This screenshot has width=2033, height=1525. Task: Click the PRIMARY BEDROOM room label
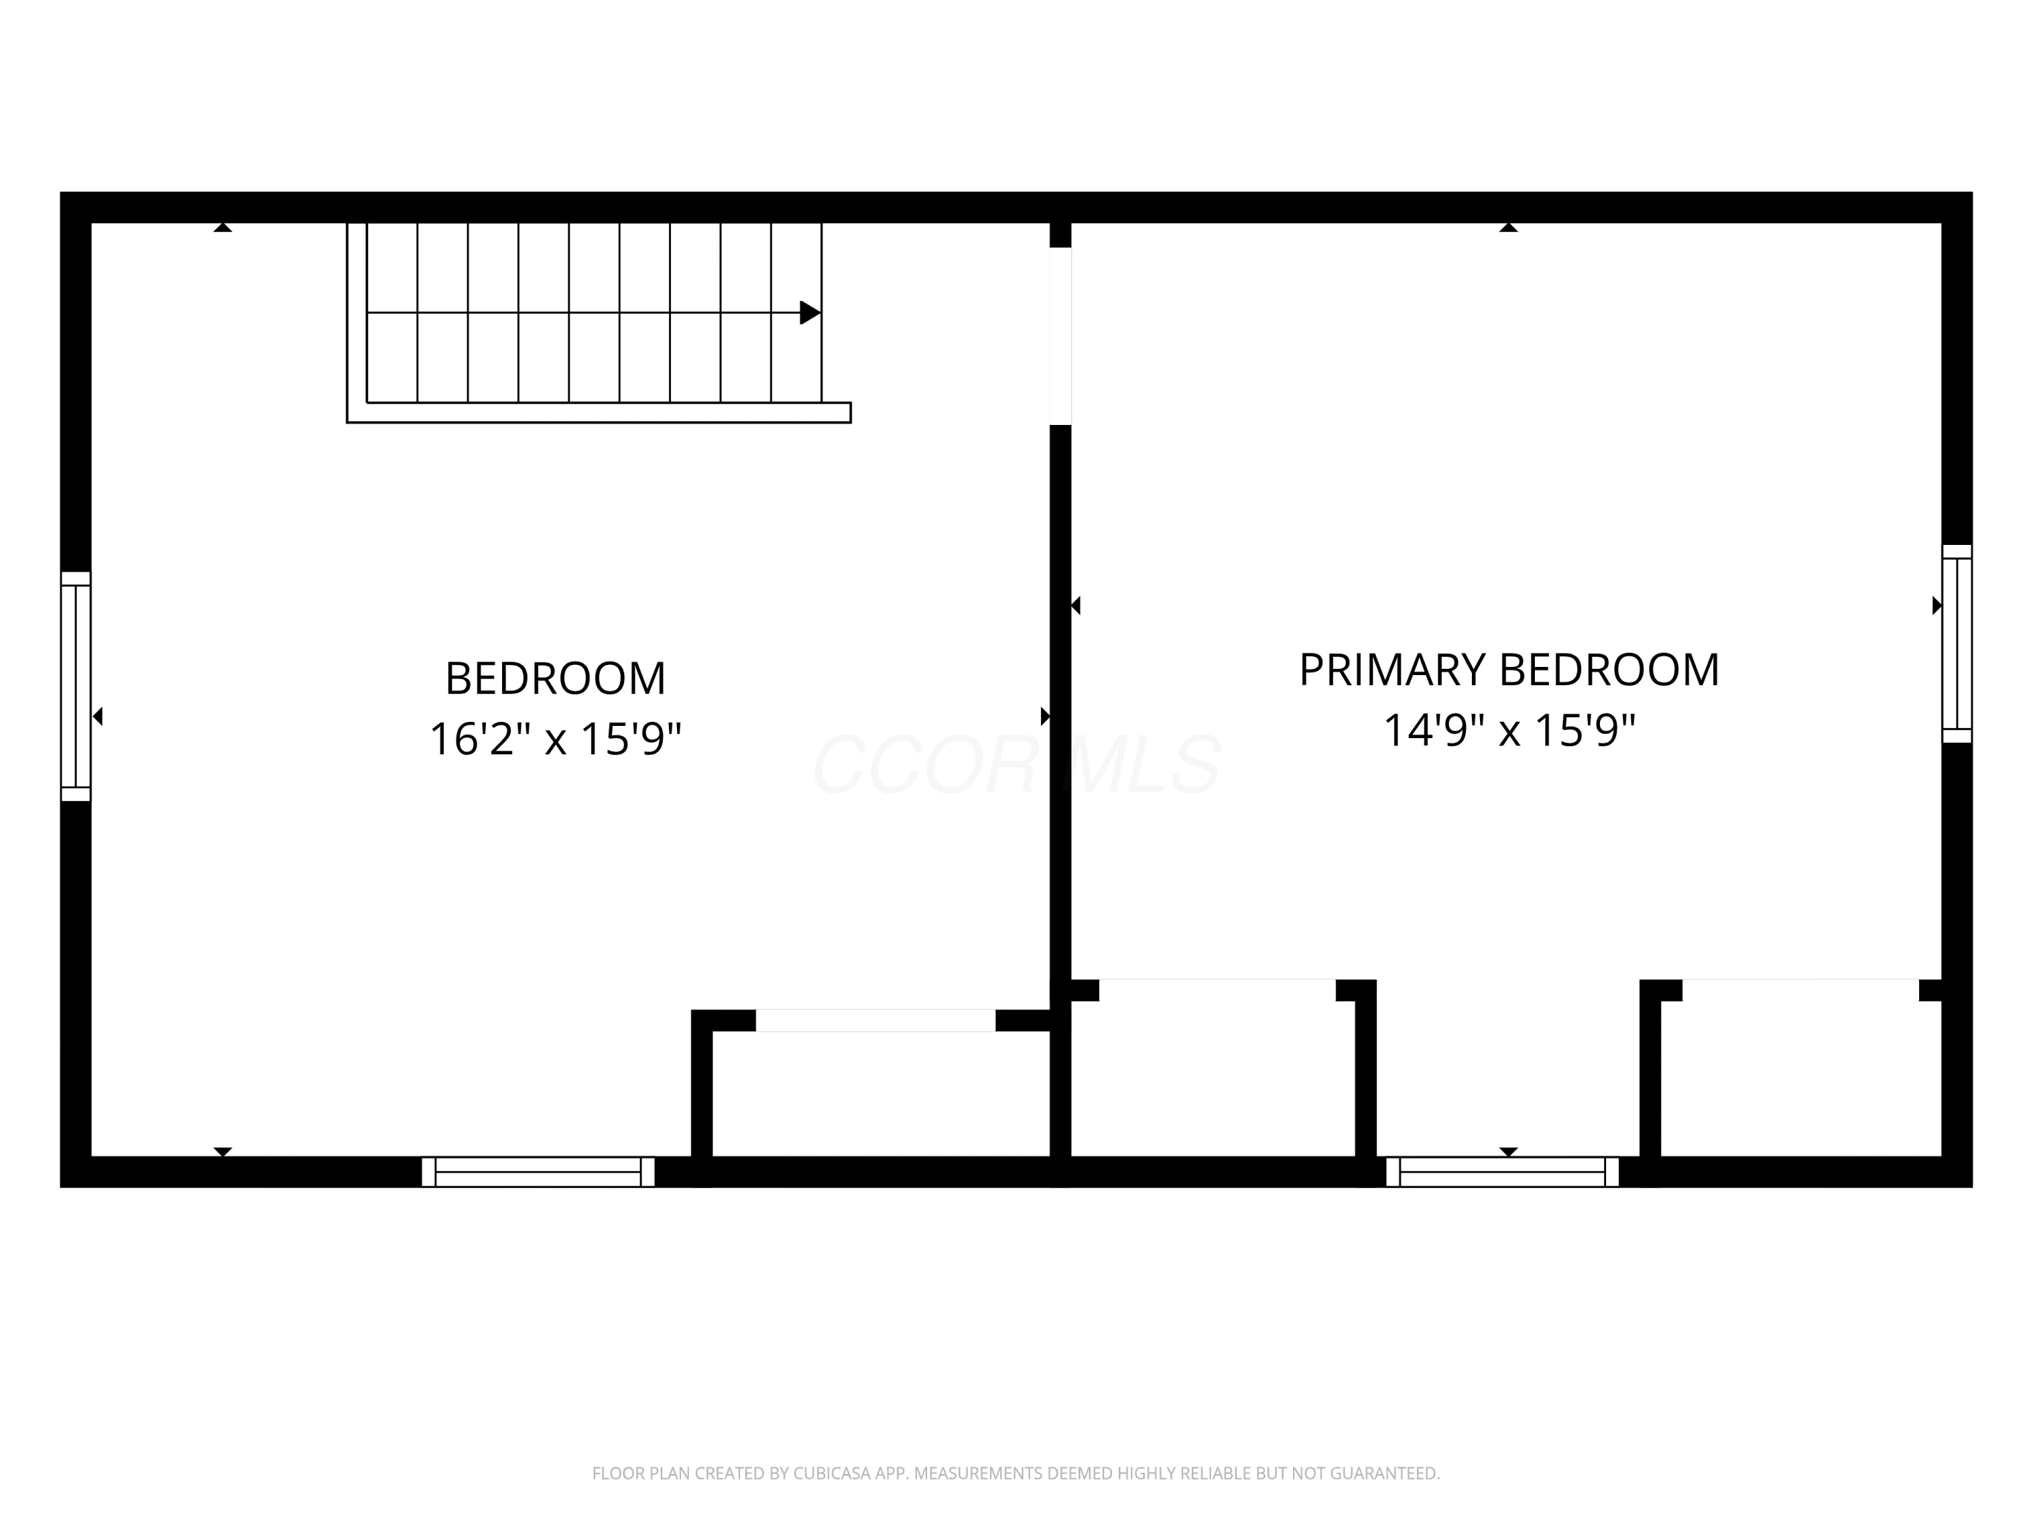(x=1508, y=670)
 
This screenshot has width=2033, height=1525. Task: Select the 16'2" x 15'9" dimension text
(x=555, y=739)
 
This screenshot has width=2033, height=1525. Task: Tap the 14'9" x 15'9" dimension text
(x=1509, y=731)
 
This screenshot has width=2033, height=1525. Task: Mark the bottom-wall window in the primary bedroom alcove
(x=1502, y=1172)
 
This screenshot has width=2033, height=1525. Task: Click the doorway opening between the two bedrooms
(x=1061, y=336)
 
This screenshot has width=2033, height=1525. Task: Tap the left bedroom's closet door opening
(x=875, y=1020)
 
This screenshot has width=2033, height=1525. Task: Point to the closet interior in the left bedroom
(x=880, y=1094)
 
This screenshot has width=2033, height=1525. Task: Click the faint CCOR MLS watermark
(x=1016, y=765)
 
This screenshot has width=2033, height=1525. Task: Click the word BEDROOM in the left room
(x=555, y=678)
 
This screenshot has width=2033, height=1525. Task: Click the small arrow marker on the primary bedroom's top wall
(x=1508, y=227)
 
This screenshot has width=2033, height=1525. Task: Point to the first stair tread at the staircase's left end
(x=392, y=312)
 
